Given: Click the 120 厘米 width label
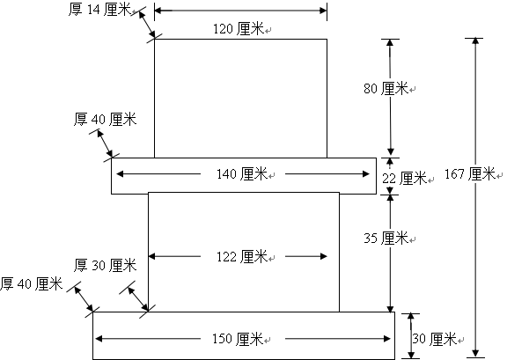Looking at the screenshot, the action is coord(239,29).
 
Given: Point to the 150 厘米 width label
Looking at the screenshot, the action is coord(238,339).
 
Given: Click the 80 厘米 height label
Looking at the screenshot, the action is coord(386,88).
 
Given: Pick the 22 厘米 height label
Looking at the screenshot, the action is coord(405,178).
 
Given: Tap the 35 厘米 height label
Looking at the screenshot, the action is coord(386,238).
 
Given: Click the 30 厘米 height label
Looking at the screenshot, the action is coord(434,339).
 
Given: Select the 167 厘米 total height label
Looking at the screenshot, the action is coord(470,174).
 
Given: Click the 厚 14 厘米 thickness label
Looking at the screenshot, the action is coord(99,10).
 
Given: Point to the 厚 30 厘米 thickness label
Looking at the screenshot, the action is coord(105,265).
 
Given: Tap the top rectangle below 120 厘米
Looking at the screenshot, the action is coord(240,99).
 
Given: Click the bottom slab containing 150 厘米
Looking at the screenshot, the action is coord(244,335).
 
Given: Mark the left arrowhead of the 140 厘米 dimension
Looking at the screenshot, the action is coord(120,174).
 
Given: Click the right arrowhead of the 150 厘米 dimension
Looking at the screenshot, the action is coord(386,339).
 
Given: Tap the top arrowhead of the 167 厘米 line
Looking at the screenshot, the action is coord(475,41).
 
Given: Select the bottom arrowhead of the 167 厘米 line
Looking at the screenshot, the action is coord(475,353).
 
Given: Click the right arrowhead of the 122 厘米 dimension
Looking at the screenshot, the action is coord(323,256).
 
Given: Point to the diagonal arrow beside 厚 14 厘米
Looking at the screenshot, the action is coord(147,25).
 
